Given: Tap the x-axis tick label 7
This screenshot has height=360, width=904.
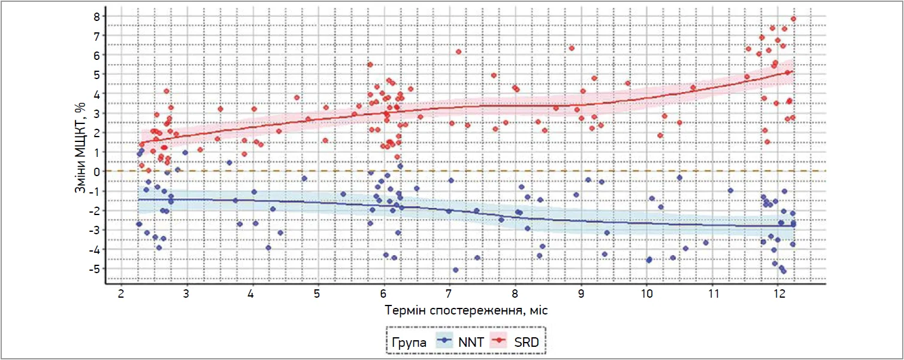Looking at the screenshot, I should [x=449, y=295].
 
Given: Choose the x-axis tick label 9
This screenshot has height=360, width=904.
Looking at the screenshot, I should [x=581, y=295].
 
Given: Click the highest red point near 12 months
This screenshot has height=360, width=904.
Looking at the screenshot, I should [x=794, y=19].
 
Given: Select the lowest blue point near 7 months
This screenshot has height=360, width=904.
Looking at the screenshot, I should [x=455, y=270].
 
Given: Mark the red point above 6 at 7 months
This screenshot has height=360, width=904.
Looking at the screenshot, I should [x=459, y=52].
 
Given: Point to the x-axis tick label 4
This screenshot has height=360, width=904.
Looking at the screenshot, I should [x=252, y=295].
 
